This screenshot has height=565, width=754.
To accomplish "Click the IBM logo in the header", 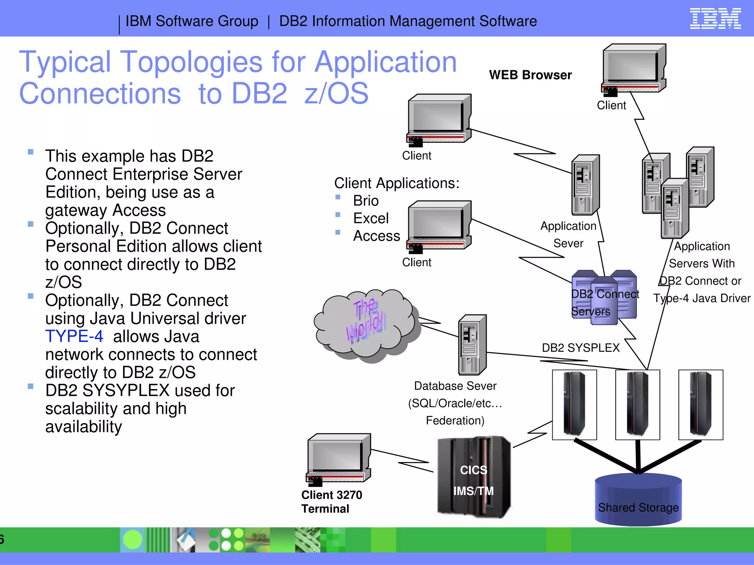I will click(x=715, y=18).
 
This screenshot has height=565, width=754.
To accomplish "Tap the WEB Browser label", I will click(x=530, y=75).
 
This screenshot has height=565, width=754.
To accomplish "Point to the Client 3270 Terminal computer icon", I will click(x=338, y=458).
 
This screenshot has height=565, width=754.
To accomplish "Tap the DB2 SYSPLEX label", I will click(x=581, y=348).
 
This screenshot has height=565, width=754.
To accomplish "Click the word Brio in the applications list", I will click(x=366, y=201).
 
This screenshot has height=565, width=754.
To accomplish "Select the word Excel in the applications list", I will click(x=371, y=218).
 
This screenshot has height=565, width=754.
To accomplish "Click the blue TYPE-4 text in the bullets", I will click(x=74, y=337).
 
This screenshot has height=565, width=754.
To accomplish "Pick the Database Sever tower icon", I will click(x=472, y=345).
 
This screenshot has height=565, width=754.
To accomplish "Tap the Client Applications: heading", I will click(x=397, y=183).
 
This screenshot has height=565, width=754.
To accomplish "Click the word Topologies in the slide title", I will click(x=191, y=62).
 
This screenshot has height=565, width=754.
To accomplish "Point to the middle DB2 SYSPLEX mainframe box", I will click(x=637, y=405).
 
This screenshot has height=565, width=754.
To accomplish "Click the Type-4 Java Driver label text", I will click(x=701, y=298).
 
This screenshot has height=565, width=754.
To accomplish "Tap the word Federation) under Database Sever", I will click(x=455, y=420).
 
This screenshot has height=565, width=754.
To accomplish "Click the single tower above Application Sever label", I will click(x=585, y=185).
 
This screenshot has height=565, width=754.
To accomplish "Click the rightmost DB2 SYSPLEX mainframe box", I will click(x=701, y=405).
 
